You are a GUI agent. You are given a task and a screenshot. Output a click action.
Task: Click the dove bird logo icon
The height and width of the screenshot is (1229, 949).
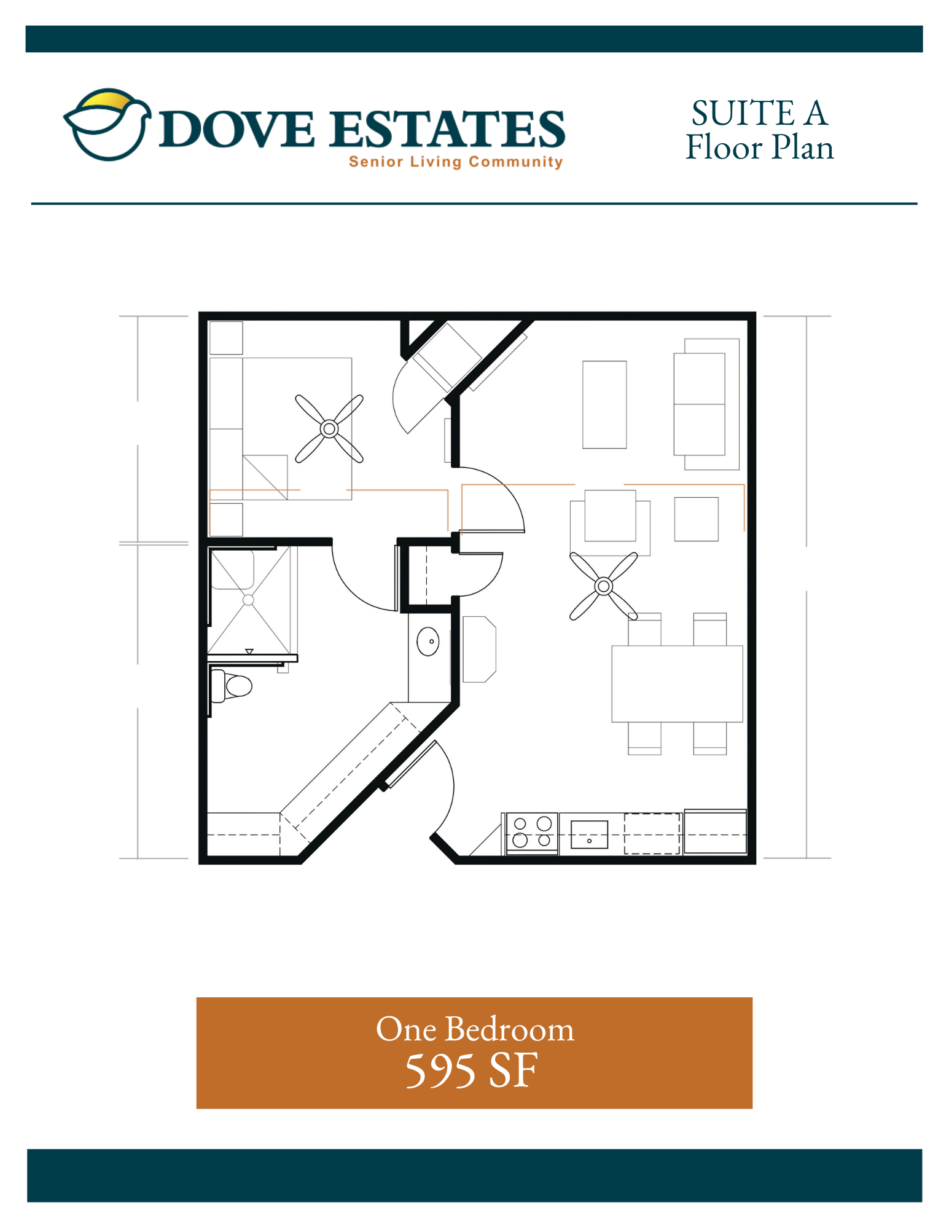coord(107,125)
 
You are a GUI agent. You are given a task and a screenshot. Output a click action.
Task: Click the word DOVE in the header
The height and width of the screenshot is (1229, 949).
coord(237,129)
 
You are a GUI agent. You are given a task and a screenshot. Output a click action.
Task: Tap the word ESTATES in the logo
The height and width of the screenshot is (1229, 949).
coord(447,129)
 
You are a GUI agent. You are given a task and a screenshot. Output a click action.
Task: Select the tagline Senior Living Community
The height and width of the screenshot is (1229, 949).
coord(456,162)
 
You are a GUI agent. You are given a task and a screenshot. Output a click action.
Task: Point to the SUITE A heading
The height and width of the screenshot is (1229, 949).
coord(760,113)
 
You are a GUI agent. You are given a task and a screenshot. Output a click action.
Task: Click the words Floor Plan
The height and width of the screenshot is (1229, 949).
coord(760,147)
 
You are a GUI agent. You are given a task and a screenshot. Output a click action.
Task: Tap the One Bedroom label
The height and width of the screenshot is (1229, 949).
coord(475,1029)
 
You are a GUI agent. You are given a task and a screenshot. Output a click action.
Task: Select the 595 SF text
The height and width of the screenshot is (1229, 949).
coord(472,1070)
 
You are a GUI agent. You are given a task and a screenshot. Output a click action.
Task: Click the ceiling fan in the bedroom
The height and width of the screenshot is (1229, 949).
coord(329,428)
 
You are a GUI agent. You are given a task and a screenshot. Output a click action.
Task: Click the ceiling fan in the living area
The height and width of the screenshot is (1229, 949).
coord(604,586)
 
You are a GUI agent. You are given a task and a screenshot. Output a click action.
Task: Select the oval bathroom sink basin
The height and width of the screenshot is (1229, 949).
coord(428,642)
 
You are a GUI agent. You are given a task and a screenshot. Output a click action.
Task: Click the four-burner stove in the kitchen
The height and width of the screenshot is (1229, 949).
coord(532,833)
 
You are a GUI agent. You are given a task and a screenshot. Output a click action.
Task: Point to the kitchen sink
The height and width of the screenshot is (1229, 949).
coord(589,834)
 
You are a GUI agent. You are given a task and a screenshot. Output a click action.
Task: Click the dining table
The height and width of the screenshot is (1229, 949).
coord(677,683)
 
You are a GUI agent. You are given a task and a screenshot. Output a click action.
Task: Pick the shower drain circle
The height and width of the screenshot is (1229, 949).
coord(248,600)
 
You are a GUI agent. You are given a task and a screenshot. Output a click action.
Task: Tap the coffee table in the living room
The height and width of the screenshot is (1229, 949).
coord(604,404)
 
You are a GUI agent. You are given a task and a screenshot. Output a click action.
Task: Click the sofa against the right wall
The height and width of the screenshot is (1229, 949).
coord(706,404)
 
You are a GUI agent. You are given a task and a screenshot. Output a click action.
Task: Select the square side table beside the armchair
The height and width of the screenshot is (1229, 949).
coord(696,519)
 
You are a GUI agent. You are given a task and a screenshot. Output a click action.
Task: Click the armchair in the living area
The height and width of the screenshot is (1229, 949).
coord(610,522)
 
